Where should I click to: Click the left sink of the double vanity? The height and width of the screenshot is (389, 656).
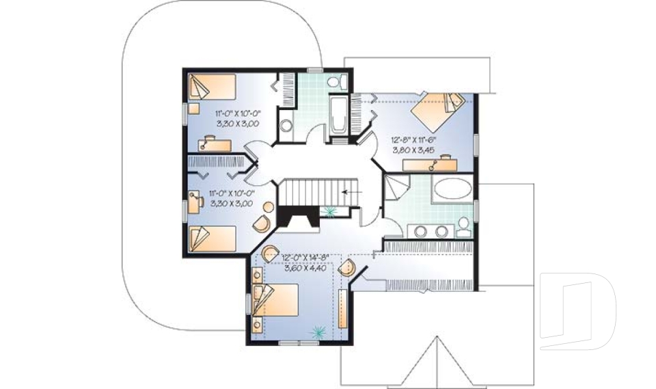click(x=418, y=230)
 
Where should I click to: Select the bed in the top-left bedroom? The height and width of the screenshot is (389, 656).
click(x=211, y=88)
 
